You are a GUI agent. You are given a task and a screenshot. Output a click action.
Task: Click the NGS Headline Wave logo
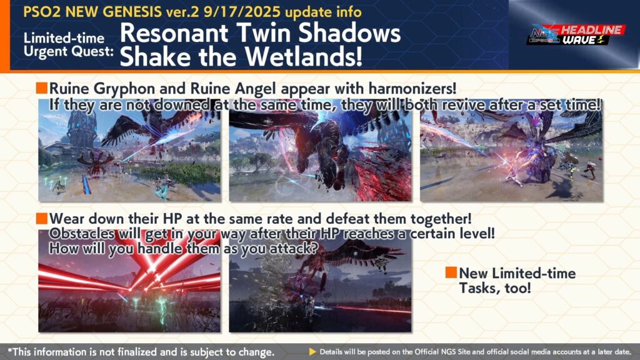[x=576, y=35]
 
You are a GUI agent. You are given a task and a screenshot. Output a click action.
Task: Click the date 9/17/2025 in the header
[x=242, y=11]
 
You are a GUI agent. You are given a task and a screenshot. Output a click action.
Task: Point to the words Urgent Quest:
[x=69, y=52]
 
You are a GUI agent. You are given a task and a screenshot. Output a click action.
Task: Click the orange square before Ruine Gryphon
[x=42, y=87]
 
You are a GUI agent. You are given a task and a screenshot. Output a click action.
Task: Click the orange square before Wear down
[x=42, y=218]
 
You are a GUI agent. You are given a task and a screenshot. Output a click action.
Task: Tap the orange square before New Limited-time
[x=451, y=272]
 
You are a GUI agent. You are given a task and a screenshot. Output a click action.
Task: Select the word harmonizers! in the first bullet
[x=412, y=88]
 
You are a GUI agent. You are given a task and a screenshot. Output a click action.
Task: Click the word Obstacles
[x=82, y=234]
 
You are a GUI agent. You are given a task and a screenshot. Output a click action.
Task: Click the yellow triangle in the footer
[x=312, y=351]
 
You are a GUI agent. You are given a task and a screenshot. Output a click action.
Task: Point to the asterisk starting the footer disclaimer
[x=10, y=350]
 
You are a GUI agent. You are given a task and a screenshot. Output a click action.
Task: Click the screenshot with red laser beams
[x=129, y=281]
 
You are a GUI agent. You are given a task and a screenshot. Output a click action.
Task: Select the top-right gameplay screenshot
[x=511, y=151]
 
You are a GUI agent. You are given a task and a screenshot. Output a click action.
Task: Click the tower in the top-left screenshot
[x=81, y=131]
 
